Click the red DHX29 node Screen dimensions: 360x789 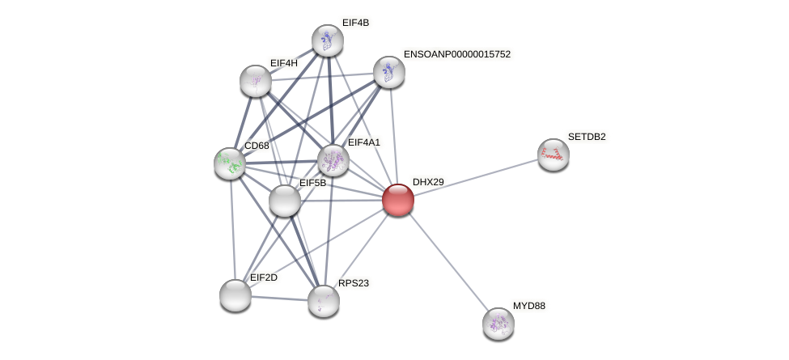397,200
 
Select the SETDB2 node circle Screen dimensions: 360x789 554,155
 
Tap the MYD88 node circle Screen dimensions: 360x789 498,324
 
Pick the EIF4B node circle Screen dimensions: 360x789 328,40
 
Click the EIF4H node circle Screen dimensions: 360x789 256,81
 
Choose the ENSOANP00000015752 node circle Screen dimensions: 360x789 388,72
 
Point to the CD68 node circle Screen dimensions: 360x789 230,163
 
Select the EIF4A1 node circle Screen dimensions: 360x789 333,160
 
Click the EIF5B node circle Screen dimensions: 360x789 285,201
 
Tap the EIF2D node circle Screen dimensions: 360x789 235,295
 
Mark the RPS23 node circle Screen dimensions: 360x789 324,301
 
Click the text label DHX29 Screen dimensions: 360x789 428,182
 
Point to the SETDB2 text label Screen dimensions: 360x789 587,137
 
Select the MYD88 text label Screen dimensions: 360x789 529,306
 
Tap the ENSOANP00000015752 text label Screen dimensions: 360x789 457,54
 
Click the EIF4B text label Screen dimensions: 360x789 355,23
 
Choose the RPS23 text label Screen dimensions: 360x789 354,283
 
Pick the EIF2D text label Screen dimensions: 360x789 263,277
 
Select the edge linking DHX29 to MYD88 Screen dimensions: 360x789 448,261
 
